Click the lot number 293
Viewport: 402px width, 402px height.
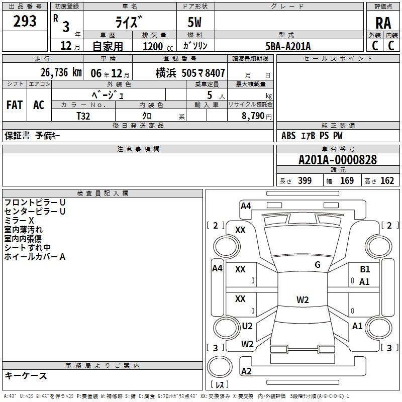(25, 21)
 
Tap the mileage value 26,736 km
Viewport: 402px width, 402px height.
(61, 72)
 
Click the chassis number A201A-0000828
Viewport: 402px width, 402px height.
(337, 160)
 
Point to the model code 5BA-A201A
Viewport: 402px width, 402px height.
(288, 46)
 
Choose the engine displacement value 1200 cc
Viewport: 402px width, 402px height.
(153, 46)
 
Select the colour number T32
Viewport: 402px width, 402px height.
(83, 115)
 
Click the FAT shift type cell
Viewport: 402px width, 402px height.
(14, 105)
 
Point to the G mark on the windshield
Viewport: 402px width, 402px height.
(318, 265)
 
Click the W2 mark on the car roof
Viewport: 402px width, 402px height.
(303, 300)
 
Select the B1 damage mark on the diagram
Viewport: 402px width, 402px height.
(365, 269)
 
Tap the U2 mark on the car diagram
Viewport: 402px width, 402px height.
(247, 326)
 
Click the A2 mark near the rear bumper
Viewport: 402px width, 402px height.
(246, 371)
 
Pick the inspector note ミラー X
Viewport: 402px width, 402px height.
(19, 221)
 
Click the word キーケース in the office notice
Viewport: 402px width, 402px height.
(26, 375)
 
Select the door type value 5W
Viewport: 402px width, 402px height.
(195, 23)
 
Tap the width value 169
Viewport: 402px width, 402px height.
(347, 181)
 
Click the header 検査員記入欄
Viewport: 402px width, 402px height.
(103, 193)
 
